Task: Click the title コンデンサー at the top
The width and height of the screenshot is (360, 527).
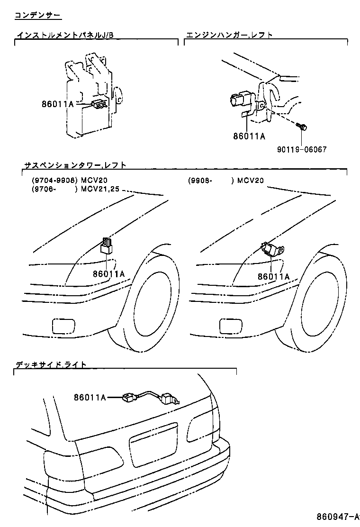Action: tap(37, 16)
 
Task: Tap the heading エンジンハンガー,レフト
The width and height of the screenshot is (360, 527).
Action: tap(229, 35)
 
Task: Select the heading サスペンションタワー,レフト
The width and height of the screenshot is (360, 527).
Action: tap(75, 165)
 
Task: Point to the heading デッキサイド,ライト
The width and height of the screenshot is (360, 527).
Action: tap(51, 364)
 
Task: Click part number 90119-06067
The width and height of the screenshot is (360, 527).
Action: tap(302, 149)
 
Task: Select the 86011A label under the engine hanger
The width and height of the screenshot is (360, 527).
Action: tap(249, 136)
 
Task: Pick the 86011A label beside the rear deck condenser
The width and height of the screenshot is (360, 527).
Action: tap(90, 397)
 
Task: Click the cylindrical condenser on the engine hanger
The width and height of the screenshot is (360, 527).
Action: tap(240, 101)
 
